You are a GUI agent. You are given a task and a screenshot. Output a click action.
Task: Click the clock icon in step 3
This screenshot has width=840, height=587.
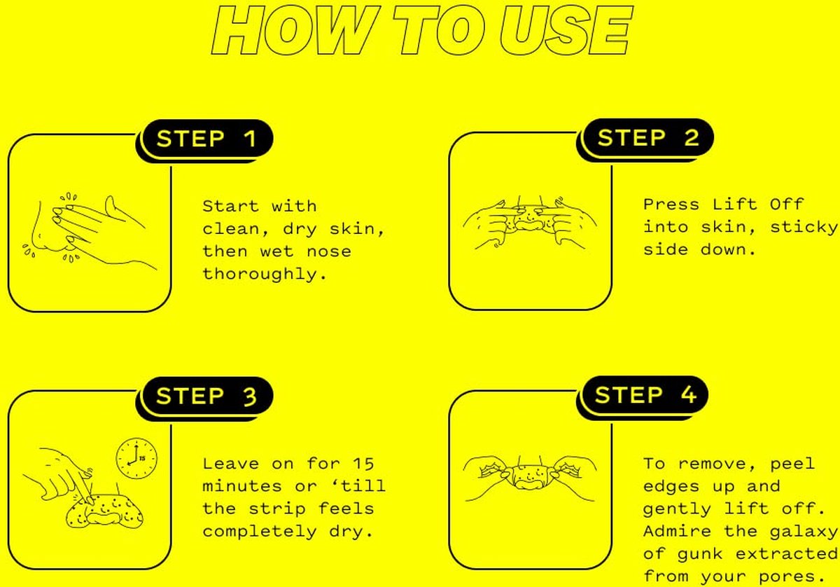[136, 458]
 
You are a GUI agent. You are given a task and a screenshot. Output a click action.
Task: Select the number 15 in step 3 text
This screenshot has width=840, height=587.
[363, 464]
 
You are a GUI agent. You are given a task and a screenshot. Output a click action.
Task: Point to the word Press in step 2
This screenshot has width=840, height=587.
[671, 205]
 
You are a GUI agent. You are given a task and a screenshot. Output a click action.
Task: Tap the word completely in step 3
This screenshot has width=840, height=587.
[260, 532]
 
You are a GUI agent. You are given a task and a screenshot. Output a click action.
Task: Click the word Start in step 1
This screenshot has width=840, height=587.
[230, 206]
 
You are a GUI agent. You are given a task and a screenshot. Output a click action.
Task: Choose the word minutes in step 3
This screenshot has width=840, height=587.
[242, 486]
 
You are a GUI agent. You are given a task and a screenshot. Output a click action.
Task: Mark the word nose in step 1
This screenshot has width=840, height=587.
[328, 252]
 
